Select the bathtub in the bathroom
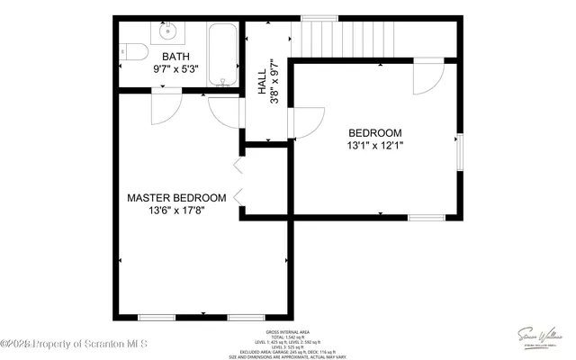pyautogui.click(x=221, y=54)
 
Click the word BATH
pyautogui.click(x=176, y=56)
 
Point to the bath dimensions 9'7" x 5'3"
pyautogui.click(x=176, y=68)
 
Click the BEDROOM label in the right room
pyautogui.click(x=374, y=133)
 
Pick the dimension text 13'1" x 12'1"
pyautogui.click(x=374, y=146)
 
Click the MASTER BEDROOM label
pyautogui.click(x=175, y=198)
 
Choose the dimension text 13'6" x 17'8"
pyautogui.click(x=175, y=211)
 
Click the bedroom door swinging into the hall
pyautogui.click(x=308, y=122)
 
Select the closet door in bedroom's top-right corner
pyautogui.click(x=427, y=79)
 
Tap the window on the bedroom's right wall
pyautogui.click(x=459, y=151)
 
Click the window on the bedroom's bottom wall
pyautogui.click(x=427, y=217)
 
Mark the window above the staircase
pyautogui.click(x=319, y=17)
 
